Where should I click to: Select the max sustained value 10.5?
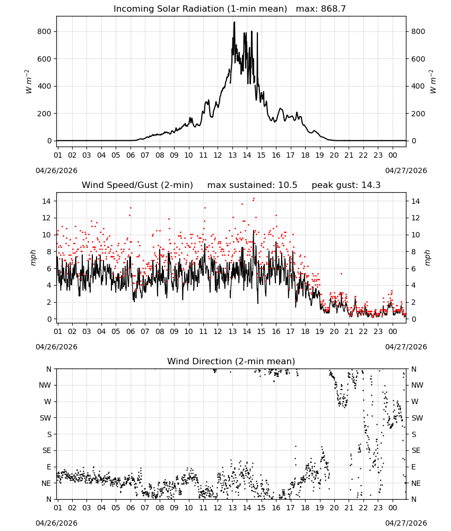coord(288,185)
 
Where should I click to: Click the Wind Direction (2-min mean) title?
coord(231,361)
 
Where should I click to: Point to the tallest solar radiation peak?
coord(234,23)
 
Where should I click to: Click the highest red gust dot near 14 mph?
coord(254,199)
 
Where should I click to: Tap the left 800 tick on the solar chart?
coord(45,31)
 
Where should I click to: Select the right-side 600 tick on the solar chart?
coord(418,59)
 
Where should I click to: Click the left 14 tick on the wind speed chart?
coord(47,201)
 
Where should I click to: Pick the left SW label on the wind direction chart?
coord(46,418)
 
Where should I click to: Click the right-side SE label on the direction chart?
coord(416,450)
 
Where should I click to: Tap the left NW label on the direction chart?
coord(45,385)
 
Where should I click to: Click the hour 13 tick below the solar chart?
coord(232,155)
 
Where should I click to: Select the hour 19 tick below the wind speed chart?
coord(320,331)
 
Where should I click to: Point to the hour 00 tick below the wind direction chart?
coord(393,508)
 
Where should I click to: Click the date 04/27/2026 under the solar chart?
coord(406,170)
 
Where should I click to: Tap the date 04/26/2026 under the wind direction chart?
coord(56,523)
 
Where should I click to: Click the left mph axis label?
coord(33,258)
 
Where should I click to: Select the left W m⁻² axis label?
coord(29,82)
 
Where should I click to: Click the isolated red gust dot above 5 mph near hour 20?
coord(341,273)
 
